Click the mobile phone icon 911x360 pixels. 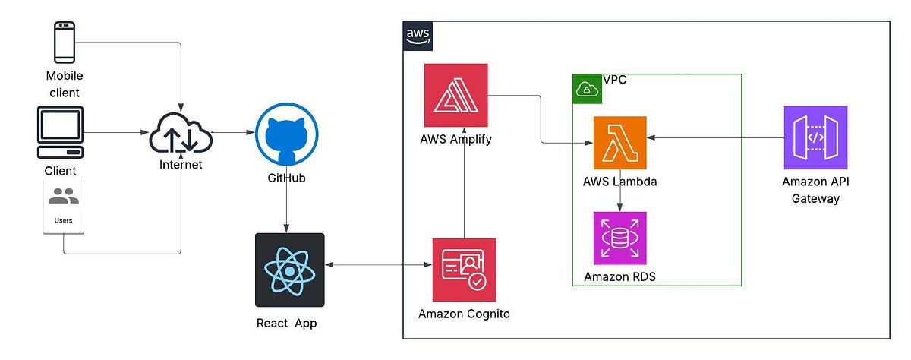click(64, 43)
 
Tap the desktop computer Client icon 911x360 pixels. click(60, 132)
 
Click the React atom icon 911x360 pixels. click(290, 268)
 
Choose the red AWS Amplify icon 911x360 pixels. click(456, 96)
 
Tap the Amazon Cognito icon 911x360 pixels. click(464, 270)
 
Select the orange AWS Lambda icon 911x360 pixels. click(620, 142)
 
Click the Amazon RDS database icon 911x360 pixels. click(619, 238)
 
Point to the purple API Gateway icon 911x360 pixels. click(815, 137)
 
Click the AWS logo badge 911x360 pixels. click(417, 35)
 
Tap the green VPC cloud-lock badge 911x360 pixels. click(586, 89)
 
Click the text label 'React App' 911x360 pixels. click(286, 324)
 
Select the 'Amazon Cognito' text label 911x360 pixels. click(464, 314)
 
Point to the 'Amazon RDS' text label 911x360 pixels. click(619, 276)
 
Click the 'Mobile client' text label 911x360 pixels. click(64, 84)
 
